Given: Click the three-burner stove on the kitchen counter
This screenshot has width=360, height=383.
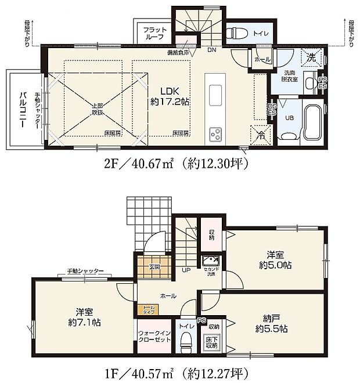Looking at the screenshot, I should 215,133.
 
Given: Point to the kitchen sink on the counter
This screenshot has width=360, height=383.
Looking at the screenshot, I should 214,94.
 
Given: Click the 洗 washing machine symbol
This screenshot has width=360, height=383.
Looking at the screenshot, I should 311,58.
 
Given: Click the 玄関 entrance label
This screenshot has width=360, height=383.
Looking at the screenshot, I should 154,267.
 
